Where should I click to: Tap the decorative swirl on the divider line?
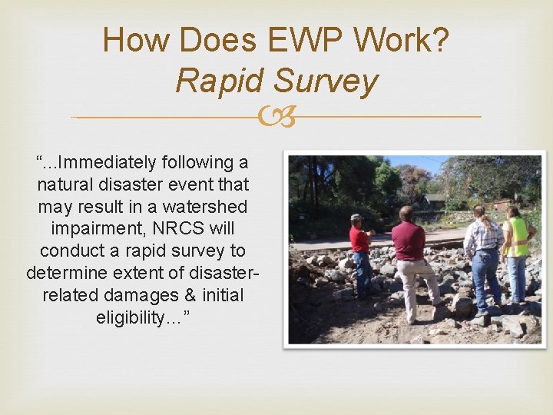pyautogui.click(x=276, y=117)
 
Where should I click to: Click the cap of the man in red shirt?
pyautogui.click(x=357, y=217)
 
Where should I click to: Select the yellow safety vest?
pyautogui.click(x=518, y=237)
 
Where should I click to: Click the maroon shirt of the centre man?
pyautogui.click(x=409, y=240)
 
